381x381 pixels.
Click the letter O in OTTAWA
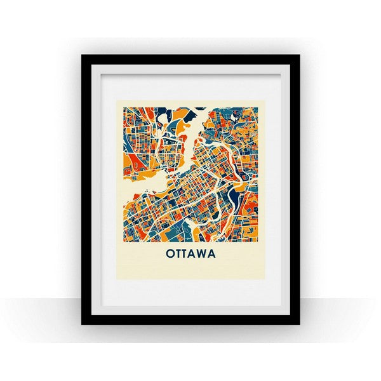coord(171,253)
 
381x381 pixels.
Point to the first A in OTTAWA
coord(195,253)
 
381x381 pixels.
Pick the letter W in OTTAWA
coord(204,253)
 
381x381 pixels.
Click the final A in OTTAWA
coord(213,253)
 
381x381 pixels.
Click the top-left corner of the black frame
coord(83,55)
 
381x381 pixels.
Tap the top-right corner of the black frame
coord(299,55)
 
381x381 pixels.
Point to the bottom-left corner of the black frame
coord(83,324)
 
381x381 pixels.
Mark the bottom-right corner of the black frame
coord(299,324)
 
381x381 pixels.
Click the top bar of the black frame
coord(190,60)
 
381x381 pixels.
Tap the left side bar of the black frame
coord(87,190)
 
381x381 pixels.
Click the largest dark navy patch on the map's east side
coord(237,194)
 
